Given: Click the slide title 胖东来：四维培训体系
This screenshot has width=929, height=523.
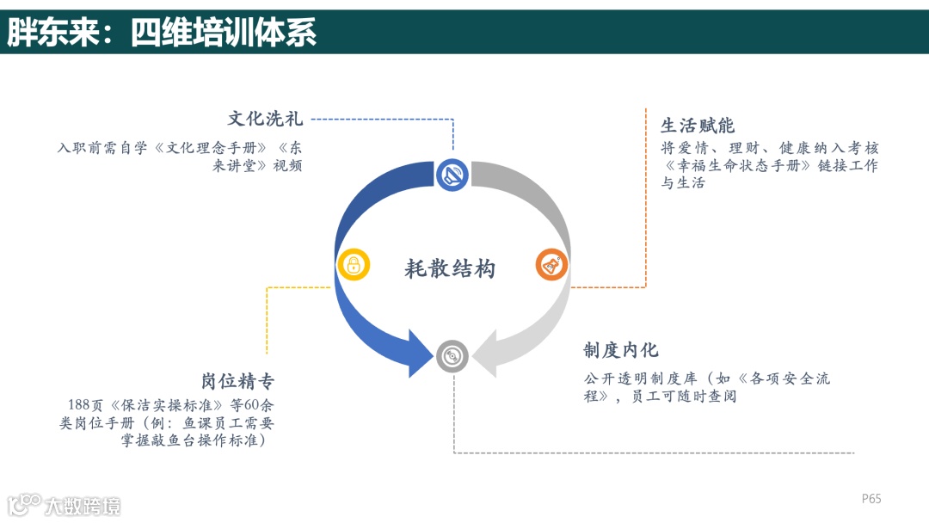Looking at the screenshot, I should coord(162,32).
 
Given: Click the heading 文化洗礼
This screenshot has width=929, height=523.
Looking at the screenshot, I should coord(265,119).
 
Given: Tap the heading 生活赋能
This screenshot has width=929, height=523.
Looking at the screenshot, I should coord(698,126).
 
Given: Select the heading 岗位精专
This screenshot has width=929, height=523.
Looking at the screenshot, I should coord(238,381).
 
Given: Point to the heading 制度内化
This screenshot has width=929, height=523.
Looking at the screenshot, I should coord(621,350).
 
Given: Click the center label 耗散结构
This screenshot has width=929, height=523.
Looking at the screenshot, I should coord(450,268).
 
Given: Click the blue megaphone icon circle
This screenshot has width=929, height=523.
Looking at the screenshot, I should coord(452,175).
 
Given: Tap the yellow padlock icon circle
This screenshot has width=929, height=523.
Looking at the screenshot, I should coord(354,265).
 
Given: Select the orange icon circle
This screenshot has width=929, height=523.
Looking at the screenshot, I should coord(551,265).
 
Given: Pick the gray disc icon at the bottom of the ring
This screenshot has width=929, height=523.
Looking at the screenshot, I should coord(452,355).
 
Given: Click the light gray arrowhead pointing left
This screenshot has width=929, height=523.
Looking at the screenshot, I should coord(484,353).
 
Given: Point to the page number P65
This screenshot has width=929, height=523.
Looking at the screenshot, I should coord(871,499).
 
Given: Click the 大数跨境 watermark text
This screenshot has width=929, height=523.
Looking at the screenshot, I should coord(83,506).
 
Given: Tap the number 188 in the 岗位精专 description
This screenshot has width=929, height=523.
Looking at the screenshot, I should coord(79,405).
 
